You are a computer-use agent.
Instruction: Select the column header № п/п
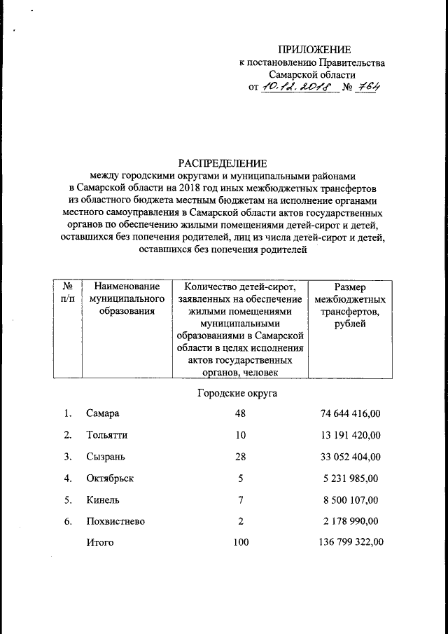tap(69, 293)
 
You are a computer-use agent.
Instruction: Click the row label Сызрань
tap(106, 457)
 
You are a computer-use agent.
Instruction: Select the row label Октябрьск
tap(110, 478)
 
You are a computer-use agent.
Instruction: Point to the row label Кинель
tap(103, 500)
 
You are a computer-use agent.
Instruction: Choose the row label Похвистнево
tap(115, 522)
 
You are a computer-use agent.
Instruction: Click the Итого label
tap(100, 542)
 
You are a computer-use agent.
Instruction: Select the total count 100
tap(241, 542)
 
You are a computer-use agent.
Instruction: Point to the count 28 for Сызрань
tap(241, 457)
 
